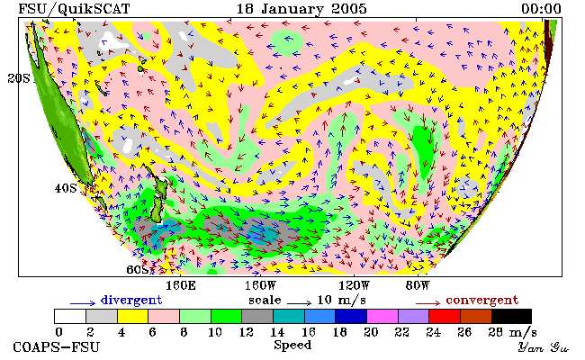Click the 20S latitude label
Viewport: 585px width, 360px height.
pos(19,78)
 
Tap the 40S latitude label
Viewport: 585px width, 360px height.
pos(66,188)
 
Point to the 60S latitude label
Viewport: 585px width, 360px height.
pos(138,269)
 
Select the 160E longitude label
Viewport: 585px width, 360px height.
pos(181,285)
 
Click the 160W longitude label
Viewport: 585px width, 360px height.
pos(260,285)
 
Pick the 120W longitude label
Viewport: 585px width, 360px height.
pos(354,285)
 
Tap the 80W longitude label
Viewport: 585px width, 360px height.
pos(418,285)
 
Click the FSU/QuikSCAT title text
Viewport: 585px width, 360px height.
pos(74,9)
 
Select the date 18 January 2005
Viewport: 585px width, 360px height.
pos(301,9)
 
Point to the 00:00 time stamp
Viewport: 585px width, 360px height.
pos(541,9)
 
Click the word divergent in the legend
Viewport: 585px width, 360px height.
pos(131,300)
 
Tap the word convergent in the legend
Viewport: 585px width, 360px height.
pos(482,300)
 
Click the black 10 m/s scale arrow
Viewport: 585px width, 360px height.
pos(299,303)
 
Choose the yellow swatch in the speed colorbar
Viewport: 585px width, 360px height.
pos(133,317)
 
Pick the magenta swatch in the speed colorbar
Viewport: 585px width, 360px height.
pos(382,317)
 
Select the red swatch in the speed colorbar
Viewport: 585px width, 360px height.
pos(445,317)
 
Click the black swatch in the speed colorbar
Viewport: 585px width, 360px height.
pos(511,317)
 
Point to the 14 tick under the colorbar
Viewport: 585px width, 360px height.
pos(277,332)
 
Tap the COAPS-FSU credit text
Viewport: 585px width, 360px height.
pos(57,346)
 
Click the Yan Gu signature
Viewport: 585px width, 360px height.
pos(544,347)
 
